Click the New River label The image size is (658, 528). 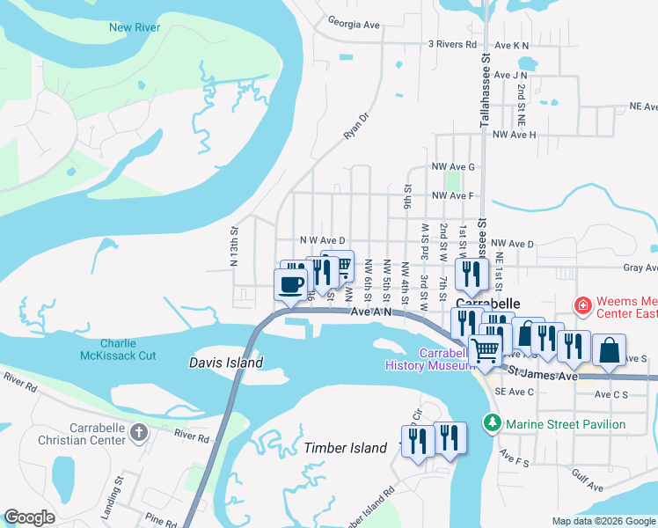134,27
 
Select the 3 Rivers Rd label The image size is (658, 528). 452,44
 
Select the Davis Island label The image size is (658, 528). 226,363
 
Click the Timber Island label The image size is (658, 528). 346,448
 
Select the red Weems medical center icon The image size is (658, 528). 581,306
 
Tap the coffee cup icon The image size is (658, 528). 291,284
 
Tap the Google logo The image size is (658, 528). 29,517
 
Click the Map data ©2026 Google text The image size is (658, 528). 603,521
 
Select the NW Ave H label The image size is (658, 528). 514,135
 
